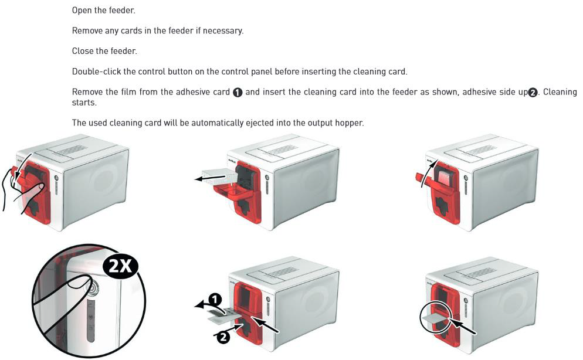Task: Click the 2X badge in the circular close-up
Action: click(x=120, y=266)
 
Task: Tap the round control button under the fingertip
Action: click(x=91, y=287)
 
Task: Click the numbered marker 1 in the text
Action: click(x=238, y=93)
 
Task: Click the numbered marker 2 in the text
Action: click(x=533, y=93)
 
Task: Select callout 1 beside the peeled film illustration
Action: click(x=214, y=299)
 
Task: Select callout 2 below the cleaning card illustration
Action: click(x=223, y=337)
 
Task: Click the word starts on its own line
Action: click(x=84, y=103)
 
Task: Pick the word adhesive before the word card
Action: click(x=193, y=92)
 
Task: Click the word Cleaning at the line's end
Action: click(x=560, y=92)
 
